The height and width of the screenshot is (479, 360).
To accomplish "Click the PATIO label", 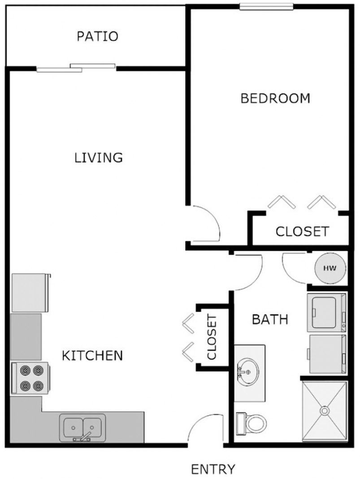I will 97,36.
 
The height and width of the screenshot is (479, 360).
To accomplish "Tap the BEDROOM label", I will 275,98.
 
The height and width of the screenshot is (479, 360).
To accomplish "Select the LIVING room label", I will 99,158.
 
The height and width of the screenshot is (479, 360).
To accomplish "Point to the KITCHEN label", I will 92,356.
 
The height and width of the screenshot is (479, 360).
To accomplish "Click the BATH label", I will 269,319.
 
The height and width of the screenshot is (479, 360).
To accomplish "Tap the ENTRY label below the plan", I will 213,469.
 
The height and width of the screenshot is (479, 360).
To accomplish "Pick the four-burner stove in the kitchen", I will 30,378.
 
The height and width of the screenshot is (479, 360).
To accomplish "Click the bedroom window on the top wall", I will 266,7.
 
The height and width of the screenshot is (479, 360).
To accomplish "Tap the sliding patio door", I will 76,68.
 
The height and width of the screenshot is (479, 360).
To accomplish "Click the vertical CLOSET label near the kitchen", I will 212,337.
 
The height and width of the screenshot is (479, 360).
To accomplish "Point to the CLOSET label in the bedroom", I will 302,232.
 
